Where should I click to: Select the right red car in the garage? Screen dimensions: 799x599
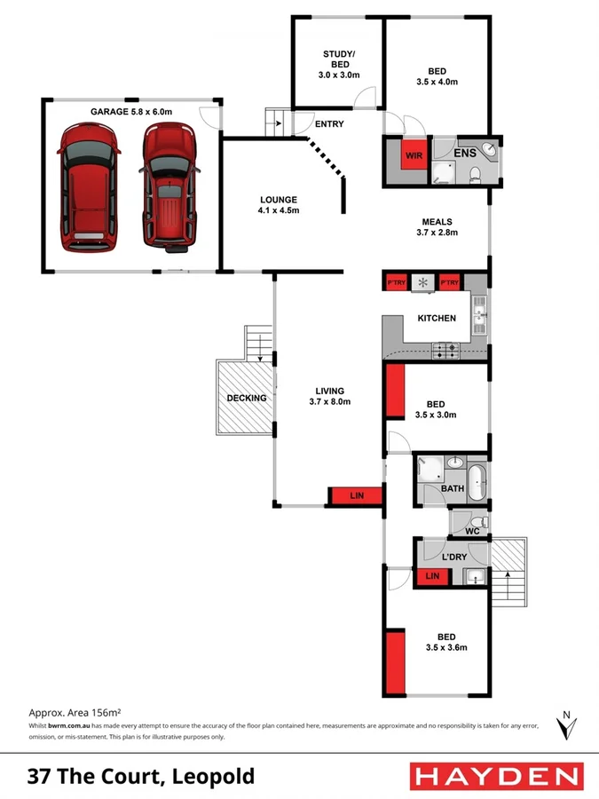coord(168,186)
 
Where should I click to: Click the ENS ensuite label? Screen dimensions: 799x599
coord(465,154)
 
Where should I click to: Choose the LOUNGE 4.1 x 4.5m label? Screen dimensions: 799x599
coord(278,205)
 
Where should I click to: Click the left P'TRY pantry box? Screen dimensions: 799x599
coord(396,283)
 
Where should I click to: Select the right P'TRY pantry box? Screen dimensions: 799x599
coord(450,283)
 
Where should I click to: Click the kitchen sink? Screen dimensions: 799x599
coord(479,312)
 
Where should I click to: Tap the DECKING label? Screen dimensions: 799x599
coord(246,398)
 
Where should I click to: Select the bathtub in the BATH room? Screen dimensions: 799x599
coord(477,480)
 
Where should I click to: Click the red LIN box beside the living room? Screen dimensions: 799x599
coord(355,495)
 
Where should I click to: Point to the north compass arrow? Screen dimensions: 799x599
coord(564,725)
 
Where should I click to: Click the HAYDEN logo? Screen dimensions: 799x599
coord(496,776)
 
